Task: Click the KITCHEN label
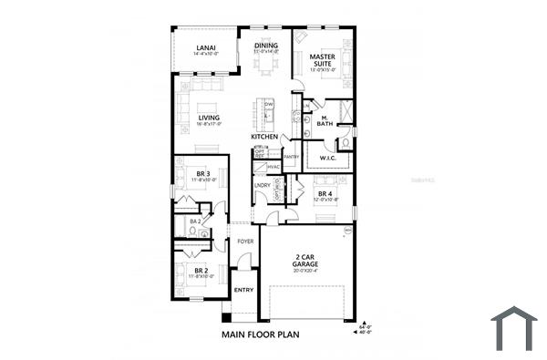click(264, 138)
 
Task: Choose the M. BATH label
click(325, 120)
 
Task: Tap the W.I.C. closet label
click(328, 159)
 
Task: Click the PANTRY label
click(291, 157)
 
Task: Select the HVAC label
click(273, 167)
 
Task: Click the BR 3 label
click(203, 173)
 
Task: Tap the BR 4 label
click(325, 194)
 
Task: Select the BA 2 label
click(195, 221)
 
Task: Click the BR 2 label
click(201, 271)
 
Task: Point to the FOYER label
click(244, 242)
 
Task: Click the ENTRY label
click(243, 290)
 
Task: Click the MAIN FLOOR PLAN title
click(260, 334)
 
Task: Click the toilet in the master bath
click(346, 142)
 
